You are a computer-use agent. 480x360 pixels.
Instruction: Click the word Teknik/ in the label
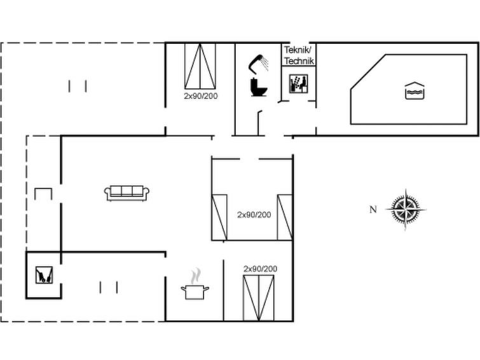(298, 50)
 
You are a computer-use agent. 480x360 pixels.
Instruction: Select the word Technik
(299, 61)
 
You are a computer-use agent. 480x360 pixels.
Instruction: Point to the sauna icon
(298, 84)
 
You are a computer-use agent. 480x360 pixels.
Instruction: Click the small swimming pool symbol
(415, 91)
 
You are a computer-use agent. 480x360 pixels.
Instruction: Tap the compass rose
(406, 209)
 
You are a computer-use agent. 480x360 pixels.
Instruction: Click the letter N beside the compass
(373, 209)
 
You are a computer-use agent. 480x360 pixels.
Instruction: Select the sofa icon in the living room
(127, 193)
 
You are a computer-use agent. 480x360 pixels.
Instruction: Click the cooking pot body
(195, 292)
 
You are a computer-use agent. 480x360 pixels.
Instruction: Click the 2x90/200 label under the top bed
(201, 96)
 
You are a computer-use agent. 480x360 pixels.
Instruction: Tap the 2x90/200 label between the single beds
(254, 214)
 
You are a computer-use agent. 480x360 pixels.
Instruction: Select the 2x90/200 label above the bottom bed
(260, 268)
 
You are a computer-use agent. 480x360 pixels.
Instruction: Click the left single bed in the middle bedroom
(219, 218)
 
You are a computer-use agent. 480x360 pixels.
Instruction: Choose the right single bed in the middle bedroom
(285, 218)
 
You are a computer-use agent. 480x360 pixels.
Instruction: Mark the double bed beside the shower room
(200, 66)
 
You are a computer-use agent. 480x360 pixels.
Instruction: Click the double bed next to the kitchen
(259, 298)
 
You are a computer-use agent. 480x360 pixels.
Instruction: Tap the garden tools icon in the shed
(44, 275)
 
